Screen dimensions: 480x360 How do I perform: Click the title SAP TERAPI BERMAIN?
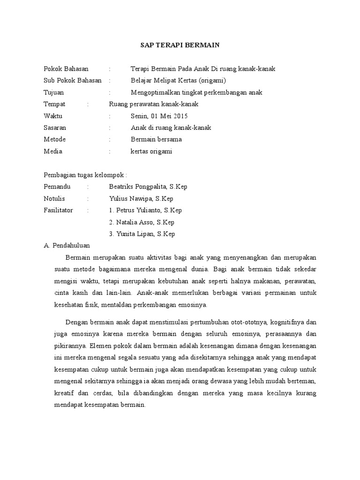pyautogui.click(x=180, y=45)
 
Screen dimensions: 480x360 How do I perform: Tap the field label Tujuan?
pyautogui.click(x=54, y=92)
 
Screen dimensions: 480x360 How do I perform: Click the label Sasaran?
pyautogui.click(x=55, y=127)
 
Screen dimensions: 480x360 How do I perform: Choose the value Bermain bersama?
pyautogui.click(x=156, y=139)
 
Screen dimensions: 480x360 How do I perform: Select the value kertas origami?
pyautogui.click(x=151, y=151)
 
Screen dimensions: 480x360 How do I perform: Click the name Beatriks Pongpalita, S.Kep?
pyautogui.click(x=148, y=187)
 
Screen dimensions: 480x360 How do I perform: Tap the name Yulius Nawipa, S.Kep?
pyautogui.click(x=141, y=199)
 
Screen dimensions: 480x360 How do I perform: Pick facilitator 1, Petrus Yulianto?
pyautogui.click(x=145, y=210)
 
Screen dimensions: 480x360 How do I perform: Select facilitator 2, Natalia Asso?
pyautogui.click(x=142, y=222)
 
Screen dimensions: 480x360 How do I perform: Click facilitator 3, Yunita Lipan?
pyautogui.click(x=142, y=234)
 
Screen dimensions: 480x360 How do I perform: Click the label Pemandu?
pyautogui.click(x=57, y=187)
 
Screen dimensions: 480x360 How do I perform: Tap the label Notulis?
pyautogui.click(x=54, y=199)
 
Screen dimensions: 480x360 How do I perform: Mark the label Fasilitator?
pyautogui.click(x=58, y=210)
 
